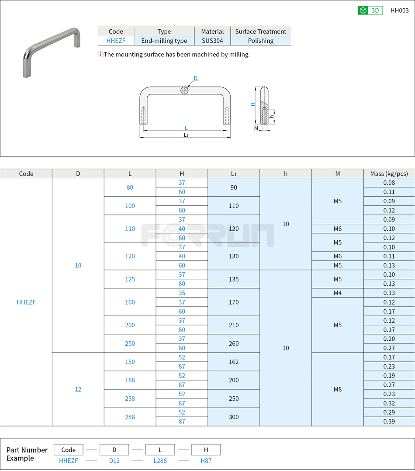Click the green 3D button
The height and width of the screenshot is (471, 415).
coord(370,10)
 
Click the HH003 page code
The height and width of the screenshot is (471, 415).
coord(399,10)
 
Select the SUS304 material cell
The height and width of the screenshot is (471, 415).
coord(212,41)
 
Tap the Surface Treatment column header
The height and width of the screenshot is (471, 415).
coord(260,31)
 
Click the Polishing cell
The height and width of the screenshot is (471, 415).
coord(260,41)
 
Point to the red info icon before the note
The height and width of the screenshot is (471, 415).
coord(100,55)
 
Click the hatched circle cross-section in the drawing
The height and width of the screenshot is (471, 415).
coord(185,90)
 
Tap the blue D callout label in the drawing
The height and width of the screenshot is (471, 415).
coord(196,79)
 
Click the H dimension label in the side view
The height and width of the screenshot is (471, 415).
coord(253,104)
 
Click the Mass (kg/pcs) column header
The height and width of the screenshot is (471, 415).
coord(389,173)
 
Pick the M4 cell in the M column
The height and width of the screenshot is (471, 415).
coord(337,293)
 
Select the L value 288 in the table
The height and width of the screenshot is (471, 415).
coord(130,417)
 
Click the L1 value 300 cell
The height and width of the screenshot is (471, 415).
coord(234,417)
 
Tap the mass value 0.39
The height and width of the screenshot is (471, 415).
coord(389,421)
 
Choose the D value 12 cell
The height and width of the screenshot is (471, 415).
coord(78,389)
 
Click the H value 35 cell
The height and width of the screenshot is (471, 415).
coord(182,293)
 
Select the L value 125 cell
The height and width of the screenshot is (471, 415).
coord(130,279)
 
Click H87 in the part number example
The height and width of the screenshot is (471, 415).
coord(206,461)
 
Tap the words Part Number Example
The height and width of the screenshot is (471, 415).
coord(27,454)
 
